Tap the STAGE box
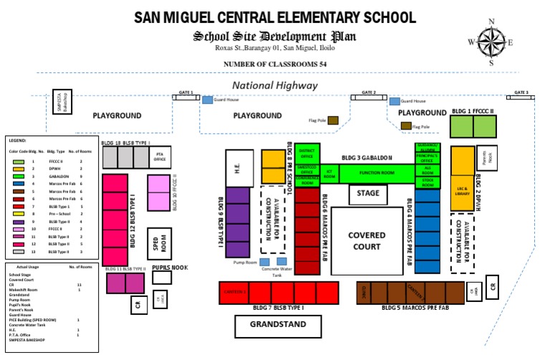click(x=368, y=193)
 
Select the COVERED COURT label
click(x=367, y=240)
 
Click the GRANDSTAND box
click(x=278, y=325)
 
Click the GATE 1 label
click(x=186, y=93)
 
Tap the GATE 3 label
click(x=521, y=93)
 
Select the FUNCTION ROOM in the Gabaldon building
click(x=377, y=172)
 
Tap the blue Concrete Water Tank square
click(x=283, y=261)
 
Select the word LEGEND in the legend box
click(x=17, y=141)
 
